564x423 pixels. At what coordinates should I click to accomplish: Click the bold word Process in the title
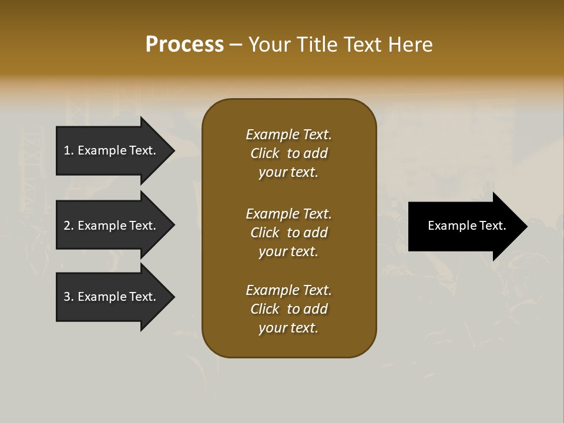[184, 45]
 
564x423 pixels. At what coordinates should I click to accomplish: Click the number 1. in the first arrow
[69, 150]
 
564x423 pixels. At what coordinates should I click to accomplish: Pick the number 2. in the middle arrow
[69, 226]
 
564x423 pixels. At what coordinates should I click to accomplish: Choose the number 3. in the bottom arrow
[69, 297]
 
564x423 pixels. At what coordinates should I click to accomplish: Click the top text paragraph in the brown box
[288, 153]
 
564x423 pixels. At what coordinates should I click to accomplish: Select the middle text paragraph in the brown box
[288, 233]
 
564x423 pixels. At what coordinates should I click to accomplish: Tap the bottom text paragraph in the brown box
[288, 309]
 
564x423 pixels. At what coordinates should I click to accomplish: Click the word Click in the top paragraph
[264, 153]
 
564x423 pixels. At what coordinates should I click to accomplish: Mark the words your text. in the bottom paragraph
[288, 328]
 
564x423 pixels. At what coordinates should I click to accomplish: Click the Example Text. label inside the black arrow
[466, 226]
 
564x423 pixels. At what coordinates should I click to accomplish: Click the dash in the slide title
[236, 45]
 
